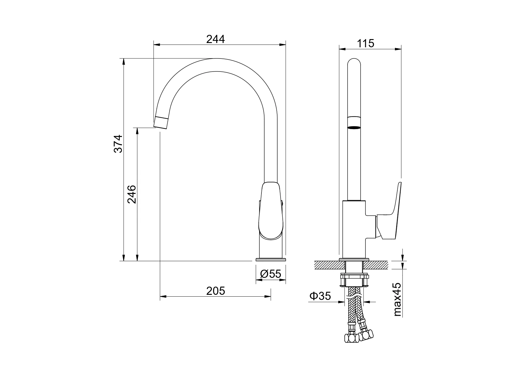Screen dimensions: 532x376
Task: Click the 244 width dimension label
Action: tap(215, 39)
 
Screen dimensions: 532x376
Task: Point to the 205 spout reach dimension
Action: tap(216, 291)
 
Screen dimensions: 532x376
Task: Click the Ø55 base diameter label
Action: tap(271, 274)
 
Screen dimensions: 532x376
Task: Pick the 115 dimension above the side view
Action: tap(365, 44)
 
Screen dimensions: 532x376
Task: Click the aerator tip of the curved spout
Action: tap(161, 122)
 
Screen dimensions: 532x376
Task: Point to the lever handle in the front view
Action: tap(271, 211)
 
